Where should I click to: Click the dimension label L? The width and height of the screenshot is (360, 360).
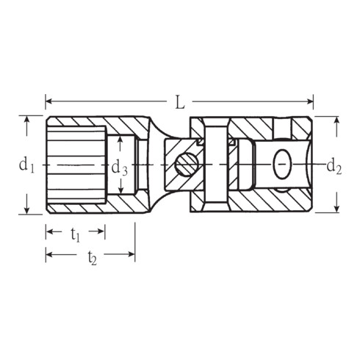tap(180, 103)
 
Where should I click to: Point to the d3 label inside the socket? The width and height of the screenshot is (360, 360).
tap(120, 168)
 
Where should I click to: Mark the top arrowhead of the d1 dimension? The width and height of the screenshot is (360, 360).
tap(27, 119)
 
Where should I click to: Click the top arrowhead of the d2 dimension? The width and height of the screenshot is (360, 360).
tap(336, 119)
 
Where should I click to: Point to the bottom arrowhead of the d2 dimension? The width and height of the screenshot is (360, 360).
tap(336, 209)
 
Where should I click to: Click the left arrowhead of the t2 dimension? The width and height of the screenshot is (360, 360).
tap(49, 255)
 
